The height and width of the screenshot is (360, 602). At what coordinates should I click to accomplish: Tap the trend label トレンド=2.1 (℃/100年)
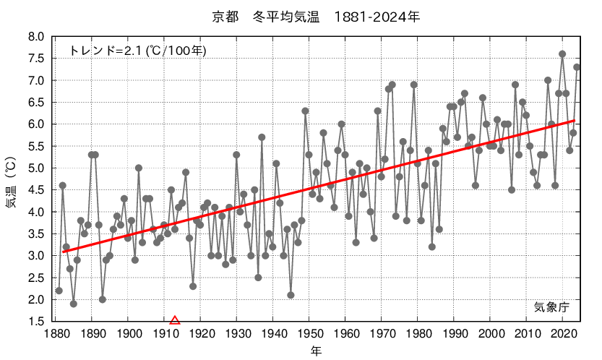(x=138, y=51)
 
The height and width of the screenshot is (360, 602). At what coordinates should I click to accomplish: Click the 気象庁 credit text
(x=551, y=307)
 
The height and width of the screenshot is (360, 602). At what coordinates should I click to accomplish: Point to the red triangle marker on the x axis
(x=174, y=320)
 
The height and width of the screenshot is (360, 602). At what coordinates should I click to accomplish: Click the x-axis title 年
(x=317, y=351)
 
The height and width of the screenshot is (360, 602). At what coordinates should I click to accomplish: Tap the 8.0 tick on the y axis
(x=37, y=37)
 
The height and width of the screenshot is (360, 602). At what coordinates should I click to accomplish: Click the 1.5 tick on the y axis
(x=37, y=322)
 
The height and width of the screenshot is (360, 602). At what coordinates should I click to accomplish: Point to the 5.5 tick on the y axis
(x=37, y=146)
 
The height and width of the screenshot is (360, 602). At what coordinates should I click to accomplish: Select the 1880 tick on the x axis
(x=56, y=334)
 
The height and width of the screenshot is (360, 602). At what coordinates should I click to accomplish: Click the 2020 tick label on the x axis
(x=562, y=334)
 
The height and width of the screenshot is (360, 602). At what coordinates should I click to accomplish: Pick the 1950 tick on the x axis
(x=309, y=334)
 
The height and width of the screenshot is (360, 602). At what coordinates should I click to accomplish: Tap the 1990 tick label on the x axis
(x=454, y=334)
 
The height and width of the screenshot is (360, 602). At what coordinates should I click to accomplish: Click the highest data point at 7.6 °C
(x=562, y=54)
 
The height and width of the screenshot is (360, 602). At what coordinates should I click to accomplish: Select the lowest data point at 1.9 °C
(x=74, y=304)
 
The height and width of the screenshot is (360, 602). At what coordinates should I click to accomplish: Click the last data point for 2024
(x=577, y=67)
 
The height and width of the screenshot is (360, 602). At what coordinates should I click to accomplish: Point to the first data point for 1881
(x=59, y=291)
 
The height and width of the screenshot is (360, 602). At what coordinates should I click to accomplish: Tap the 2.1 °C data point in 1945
(x=291, y=295)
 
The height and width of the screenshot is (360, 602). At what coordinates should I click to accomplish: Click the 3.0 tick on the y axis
(x=37, y=256)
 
